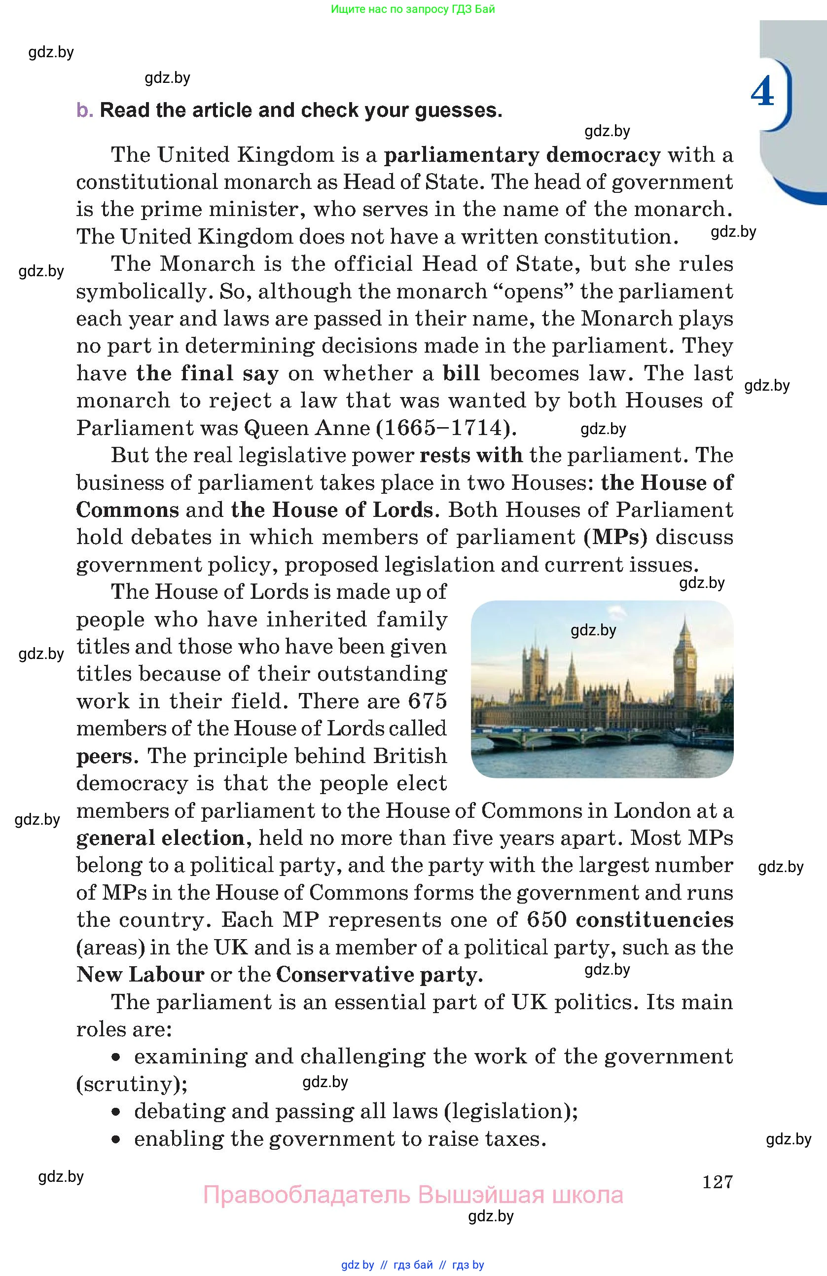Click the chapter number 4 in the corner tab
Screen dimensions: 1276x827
click(x=762, y=92)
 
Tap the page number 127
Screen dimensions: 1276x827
click(x=717, y=1182)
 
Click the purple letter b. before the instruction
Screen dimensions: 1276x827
click(x=85, y=110)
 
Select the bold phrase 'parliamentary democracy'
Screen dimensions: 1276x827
click(x=522, y=155)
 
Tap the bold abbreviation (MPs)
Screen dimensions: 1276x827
click(x=616, y=537)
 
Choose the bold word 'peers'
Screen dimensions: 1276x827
click(x=104, y=756)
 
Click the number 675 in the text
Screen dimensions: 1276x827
click(x=427, y=701)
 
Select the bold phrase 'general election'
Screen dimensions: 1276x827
click(x=160, y=838)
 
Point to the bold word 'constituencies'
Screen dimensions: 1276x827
click(x=654, y=920)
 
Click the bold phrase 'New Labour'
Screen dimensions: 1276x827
click(x=141, y=975)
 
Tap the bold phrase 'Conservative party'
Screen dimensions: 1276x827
click(x=379, y=975)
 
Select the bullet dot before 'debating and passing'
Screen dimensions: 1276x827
click(x=116, y=1112)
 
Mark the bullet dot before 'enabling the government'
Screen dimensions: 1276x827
click(x=116, y=1140)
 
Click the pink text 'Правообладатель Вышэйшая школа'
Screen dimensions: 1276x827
click(x=413, y=1195)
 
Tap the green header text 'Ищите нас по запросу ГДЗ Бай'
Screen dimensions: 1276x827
click(x=413, y=9)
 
